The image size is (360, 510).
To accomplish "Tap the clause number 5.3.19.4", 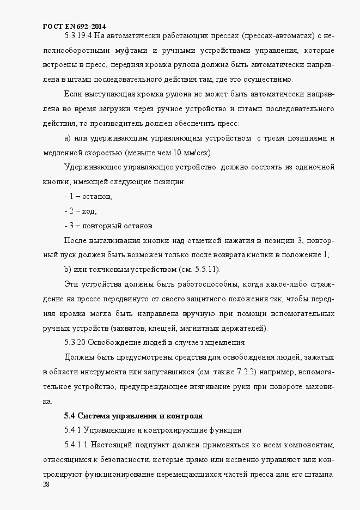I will pyautogui.click(x=78, y=37).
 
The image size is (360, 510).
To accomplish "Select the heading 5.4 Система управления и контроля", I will pyautogui.click(x=133, y=416).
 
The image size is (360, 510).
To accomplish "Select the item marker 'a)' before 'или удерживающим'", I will pyautogui.click(x=68, y=137).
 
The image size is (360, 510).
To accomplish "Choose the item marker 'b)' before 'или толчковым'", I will pyautogui.click(x=68, y=270).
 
